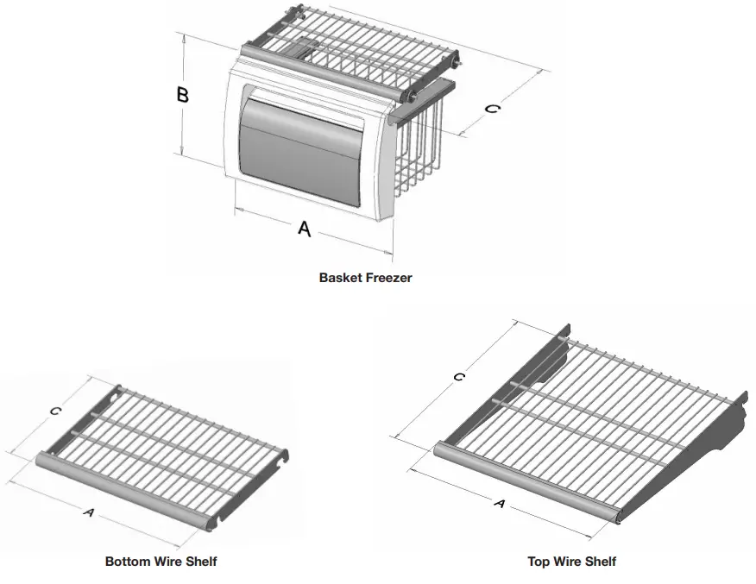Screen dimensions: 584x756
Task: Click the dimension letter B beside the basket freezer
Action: coord(183,94)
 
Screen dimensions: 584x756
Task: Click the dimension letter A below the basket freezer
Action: coord(304,229)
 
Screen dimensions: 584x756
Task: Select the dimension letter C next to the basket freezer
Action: coord(491,110)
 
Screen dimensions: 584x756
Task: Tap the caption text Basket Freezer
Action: coord(366,278)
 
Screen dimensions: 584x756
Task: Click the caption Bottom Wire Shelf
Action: coord(161,562)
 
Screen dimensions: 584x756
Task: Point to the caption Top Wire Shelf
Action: coord(571,562)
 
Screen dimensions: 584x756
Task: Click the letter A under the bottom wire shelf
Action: coord(87,512)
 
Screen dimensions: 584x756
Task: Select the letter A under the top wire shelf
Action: coord(498,503)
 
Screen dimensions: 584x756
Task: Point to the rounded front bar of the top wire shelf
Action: coord(526,483)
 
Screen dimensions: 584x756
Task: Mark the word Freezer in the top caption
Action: coord(388,278)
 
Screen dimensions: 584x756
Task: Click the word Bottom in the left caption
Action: coord(126,562)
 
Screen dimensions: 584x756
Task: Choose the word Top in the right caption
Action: coord(539,562)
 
